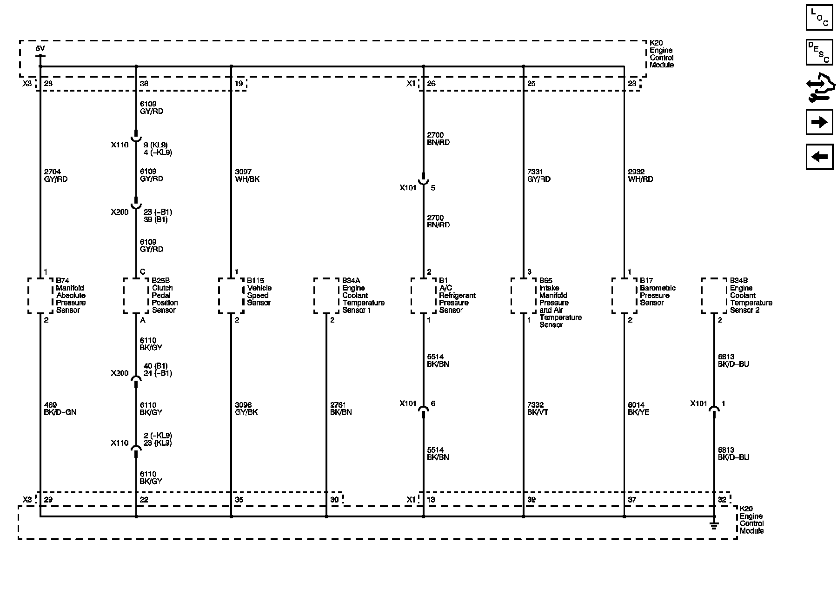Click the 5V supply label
point(40,48)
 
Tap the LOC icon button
point(819,17)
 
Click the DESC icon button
point(819,52)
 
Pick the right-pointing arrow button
point(819,122)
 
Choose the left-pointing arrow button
point(819,157)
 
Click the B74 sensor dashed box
point(40,296)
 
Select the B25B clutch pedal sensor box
point(136,296)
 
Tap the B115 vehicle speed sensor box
point(231,296)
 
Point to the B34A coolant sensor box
point(326,296)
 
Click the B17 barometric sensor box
point(624,296)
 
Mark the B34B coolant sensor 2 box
point(714,296)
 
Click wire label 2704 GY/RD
point(56,175)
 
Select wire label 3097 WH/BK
point(247,175)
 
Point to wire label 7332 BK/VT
point(538,409)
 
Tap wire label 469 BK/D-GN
point(60,409)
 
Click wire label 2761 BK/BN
point(341,409)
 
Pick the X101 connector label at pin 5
point(408,188)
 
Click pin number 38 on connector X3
point(144,84)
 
